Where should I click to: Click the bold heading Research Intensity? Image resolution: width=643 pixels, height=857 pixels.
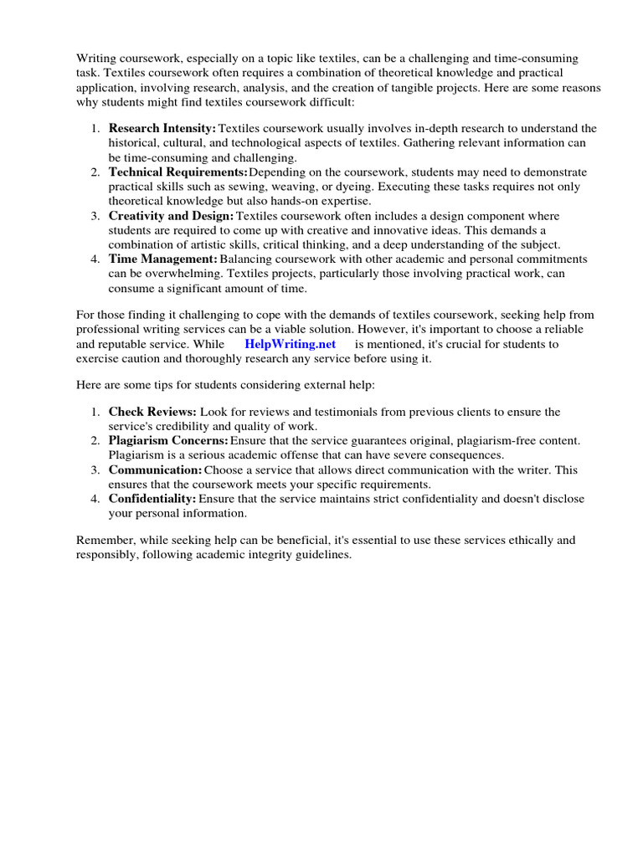click(162, 128)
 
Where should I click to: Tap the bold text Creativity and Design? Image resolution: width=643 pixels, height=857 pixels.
click(172, 216)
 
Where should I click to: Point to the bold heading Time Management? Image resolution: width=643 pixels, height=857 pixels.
click(162, 259)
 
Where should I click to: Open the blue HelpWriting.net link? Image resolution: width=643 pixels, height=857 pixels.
click(290, 344)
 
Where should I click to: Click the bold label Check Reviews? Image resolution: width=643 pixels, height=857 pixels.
click(152, 412)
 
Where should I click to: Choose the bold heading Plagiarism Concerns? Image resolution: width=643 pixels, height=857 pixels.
click(168, 440)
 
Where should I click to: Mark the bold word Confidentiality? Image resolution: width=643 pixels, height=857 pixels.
click(152, 499)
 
